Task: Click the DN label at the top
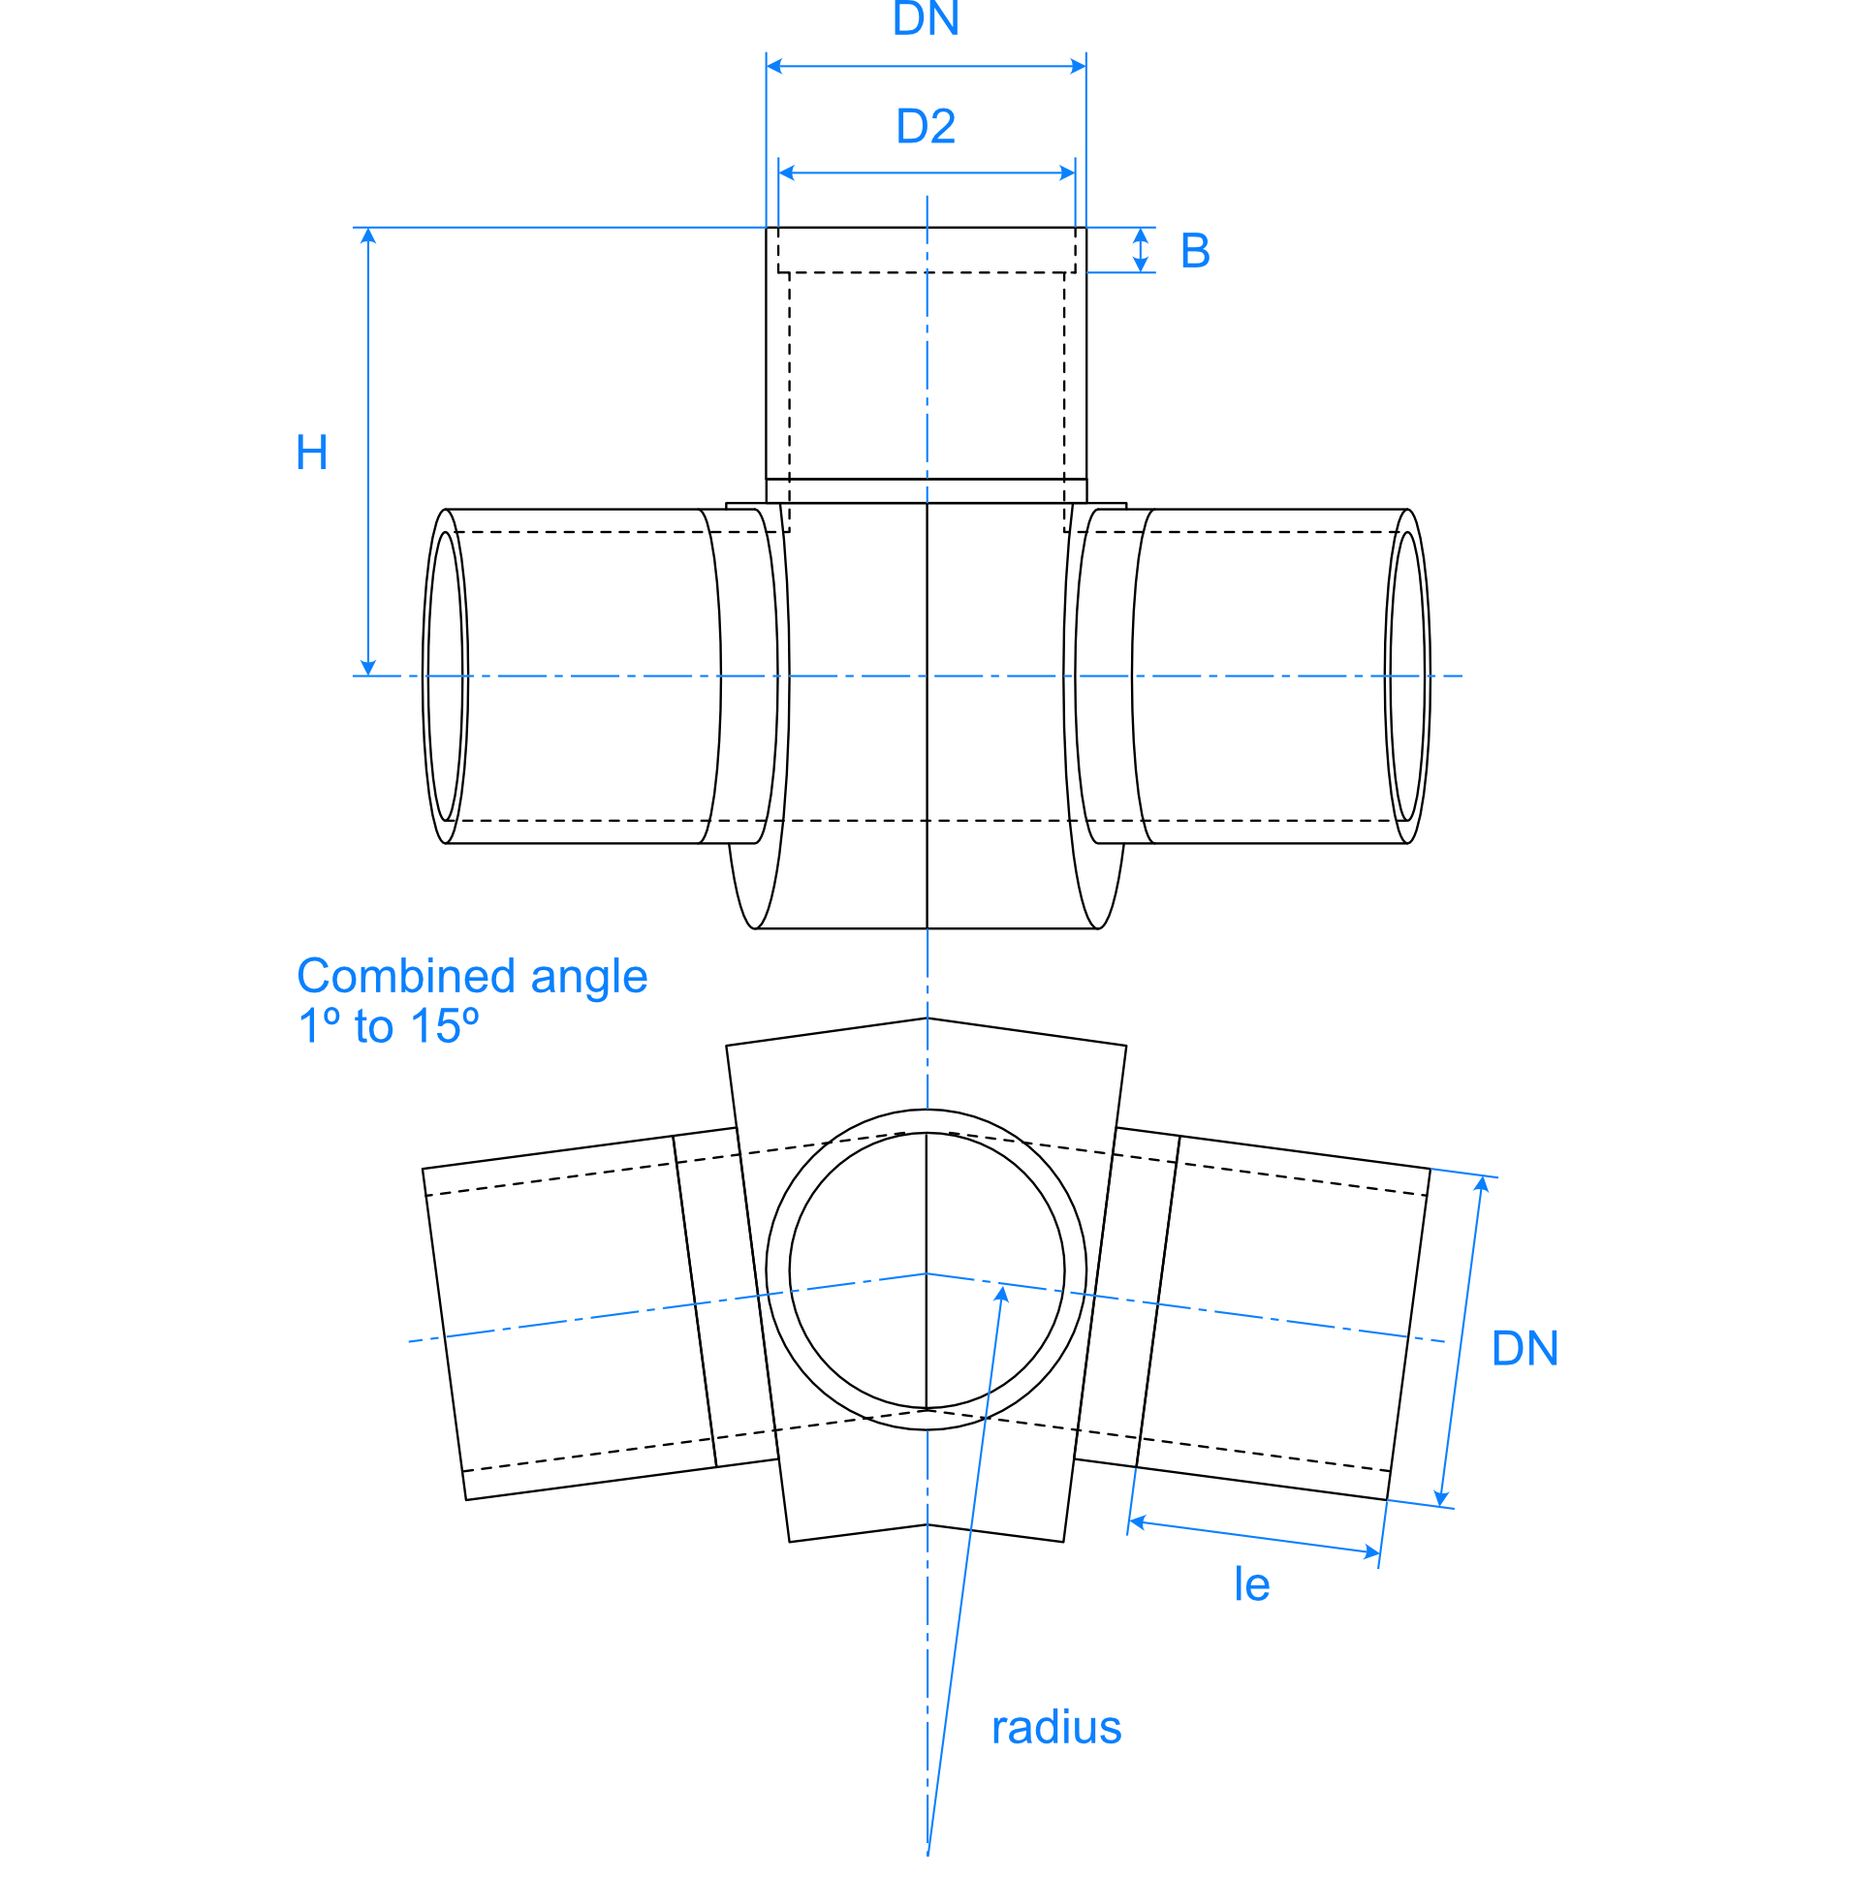[x=926, y=19]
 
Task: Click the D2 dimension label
[x=926, y=127]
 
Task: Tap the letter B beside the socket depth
[x=1194, y=251]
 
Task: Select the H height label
[x=311, y=454]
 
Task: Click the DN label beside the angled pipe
[x=1525, y=1349]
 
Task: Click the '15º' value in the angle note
[x=445, y=1026]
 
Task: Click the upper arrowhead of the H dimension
[x=368, y=235]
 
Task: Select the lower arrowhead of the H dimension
[x=368, y=669]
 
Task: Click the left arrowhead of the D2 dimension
[x=786, y=173]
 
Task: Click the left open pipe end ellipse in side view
[x=445, y=676]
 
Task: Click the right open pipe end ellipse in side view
[x=1407, y=676]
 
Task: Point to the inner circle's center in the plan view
[x=927, y=1270]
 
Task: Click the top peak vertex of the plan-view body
[x=927, y=1018]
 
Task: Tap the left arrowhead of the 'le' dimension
[x=1137, y=1520]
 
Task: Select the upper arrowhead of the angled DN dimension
[x=1482, y=1183]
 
